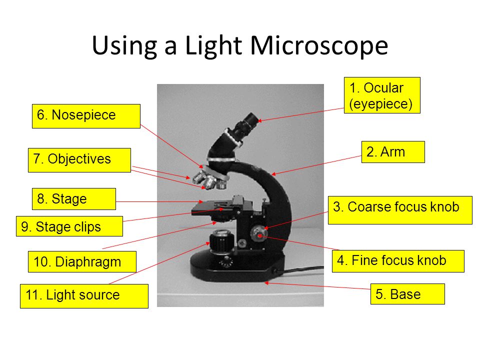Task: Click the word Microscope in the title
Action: (319, 45)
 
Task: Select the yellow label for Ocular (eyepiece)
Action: (382, 95)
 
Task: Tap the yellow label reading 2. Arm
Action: (393, 152)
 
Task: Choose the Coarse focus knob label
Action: (400, 210)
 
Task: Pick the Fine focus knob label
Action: (398, 261)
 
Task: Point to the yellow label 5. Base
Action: (407, 294)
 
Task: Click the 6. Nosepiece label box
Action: (86, 116)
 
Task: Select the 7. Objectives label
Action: (79, 160)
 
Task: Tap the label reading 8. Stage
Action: (74, 199)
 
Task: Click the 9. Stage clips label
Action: (69, 226)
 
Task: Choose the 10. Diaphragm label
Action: (82, 261)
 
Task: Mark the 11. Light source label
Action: (84, 296)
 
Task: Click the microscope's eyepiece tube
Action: (245, 125)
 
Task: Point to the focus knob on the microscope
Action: (259, 234)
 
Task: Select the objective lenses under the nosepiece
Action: (209, 181)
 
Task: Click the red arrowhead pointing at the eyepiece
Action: (259, 120)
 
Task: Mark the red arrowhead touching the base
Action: (266, 283)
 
